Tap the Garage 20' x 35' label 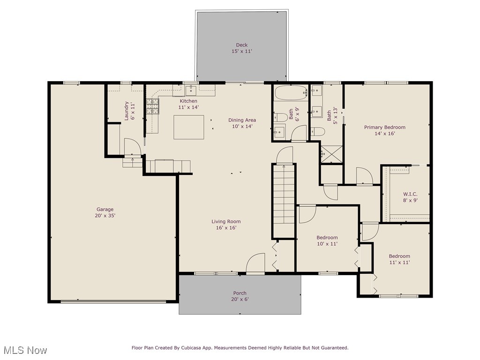click(105, 212)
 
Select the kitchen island click(189, 127)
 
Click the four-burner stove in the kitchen click(153, 106)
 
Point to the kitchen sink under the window click(190, 90)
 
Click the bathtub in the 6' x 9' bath click(290, 92)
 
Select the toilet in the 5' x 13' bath click(317, 131)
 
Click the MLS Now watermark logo click(24, 350)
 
